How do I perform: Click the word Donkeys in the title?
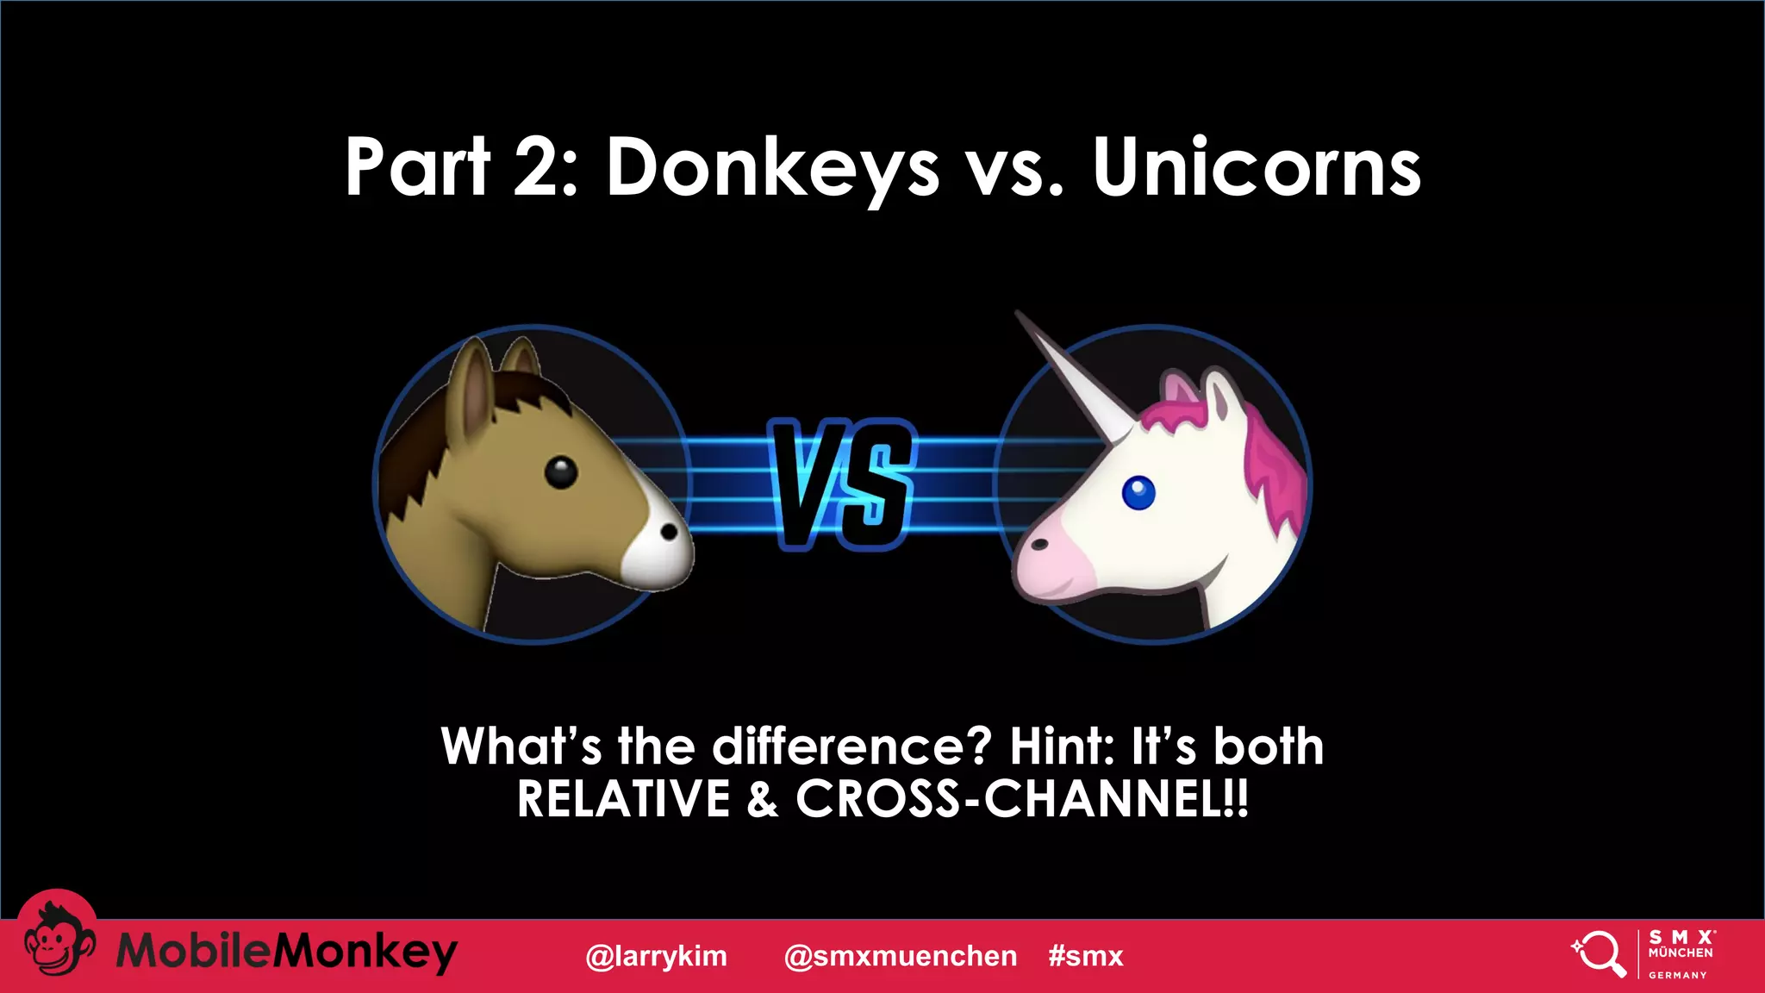click(x=772, y=168)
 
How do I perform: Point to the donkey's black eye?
click(x=561, y=472)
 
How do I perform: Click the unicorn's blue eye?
click(x=1138, y=493)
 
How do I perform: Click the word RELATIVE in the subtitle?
click(x=624, y=799)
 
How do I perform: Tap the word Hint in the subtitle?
click(x=1062, y=746)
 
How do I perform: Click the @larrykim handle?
click(x=656, y=956)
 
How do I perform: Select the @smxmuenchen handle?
click(x=901, y=956)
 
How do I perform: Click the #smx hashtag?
click(x=1086, y=956)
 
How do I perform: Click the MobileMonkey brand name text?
click(x=286, y=952)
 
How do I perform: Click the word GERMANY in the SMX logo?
click(x=1677, y=975)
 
